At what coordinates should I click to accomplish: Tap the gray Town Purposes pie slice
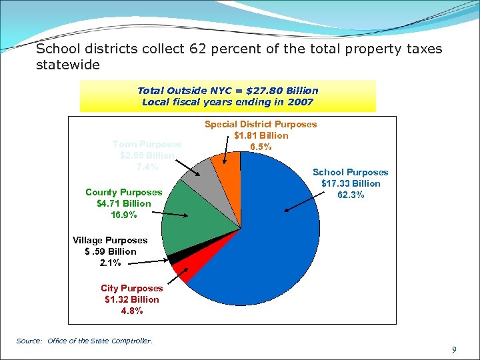pos(198,173)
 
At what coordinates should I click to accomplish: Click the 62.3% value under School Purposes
pos(350,195)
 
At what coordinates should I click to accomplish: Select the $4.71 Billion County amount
pos(124,203)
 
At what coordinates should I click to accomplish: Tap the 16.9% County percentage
pos(124,215)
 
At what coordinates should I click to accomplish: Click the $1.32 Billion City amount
pos(132,299)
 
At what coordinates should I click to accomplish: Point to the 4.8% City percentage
pos(132,311)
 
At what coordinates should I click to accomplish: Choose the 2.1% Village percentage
pos(110,263)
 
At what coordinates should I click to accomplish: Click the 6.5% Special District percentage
pos(260,147)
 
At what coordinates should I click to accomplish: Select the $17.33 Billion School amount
pos(351,183)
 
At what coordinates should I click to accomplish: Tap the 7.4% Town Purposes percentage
pos(147,167)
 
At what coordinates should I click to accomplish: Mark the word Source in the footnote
pos(29,341)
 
